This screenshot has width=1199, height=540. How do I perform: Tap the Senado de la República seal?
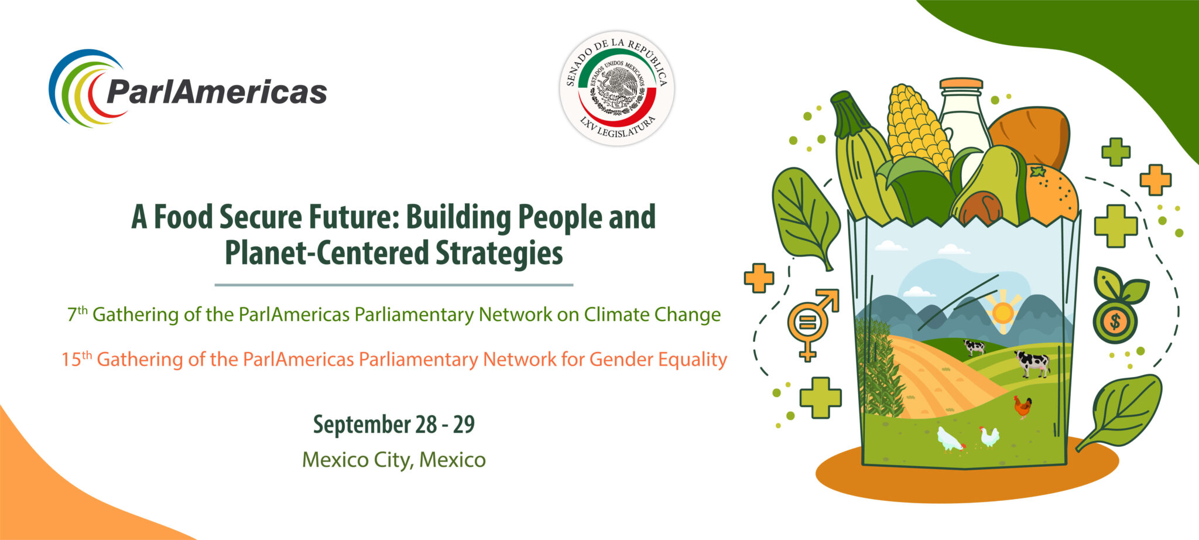[x=616, y=88]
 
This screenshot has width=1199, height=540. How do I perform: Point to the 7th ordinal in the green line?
[x=77, y=314]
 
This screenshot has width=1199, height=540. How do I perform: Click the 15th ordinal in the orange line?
[x=77, y=358]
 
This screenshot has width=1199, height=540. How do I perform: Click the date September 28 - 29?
[x=394, y=424]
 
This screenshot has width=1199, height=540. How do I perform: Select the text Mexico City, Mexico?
[x=394, y=460]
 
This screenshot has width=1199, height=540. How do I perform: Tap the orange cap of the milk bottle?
[x=961, y=84]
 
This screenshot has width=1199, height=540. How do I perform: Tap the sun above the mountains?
[x=1003, y=312]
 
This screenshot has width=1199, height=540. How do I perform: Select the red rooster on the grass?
[x=1023, y=406]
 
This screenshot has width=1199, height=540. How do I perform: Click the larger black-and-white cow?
[x=1032, y=363]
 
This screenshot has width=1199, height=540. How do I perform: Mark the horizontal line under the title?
[x=394, y=285]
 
